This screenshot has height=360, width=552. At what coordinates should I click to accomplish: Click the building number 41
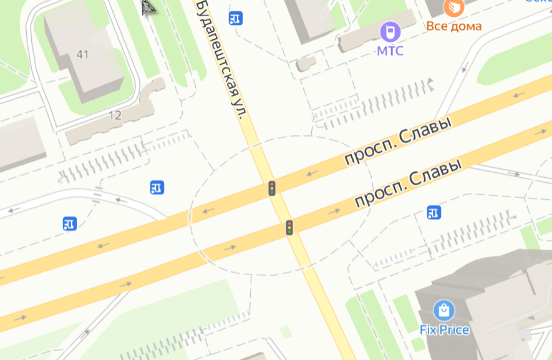pyautogui.click(x=82, y=54)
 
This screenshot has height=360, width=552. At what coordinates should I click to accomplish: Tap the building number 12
pyautogui.click(x=115, y=115)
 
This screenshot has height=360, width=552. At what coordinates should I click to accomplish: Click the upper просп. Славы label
pyautogui.click(x=397, y=142)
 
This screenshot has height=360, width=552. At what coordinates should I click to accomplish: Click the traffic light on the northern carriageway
pyautogui.click(x=272, y=188)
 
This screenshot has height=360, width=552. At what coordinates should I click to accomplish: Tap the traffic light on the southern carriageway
pyautogui.click(x=289, y=228)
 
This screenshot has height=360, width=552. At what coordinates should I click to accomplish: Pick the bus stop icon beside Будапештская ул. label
pyautogui.click(x=236, y=18)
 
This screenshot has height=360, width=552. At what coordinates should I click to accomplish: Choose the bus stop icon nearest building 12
pyautogui.click(x=157, y=187)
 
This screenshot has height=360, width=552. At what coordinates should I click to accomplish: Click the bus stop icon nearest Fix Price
pyautogui.click(x=434, y=213)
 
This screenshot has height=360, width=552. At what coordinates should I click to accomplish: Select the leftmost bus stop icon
pyautogui.click(x=70, y=223)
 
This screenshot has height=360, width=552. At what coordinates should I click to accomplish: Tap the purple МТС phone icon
pyautogui.click(x=390, y=31)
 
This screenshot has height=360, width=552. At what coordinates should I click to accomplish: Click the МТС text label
pyautogui.click(x=390, y=51)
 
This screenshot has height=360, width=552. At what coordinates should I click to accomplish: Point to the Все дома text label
pyautogui.click(x=454, y=26)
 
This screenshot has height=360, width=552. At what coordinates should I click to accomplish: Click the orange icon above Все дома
pyautogui.click(x=454, y=7)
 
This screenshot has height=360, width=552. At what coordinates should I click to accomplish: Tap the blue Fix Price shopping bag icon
pyautogui.click(x=443, y=310)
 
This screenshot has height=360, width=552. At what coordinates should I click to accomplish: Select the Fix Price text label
pyautogui.click(x=444, y=329)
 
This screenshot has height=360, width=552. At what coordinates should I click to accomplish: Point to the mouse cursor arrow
pyautogui.click(x=147, y=7)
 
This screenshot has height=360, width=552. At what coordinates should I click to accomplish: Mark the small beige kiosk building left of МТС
pyautogui.click(x=306, y=64)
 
